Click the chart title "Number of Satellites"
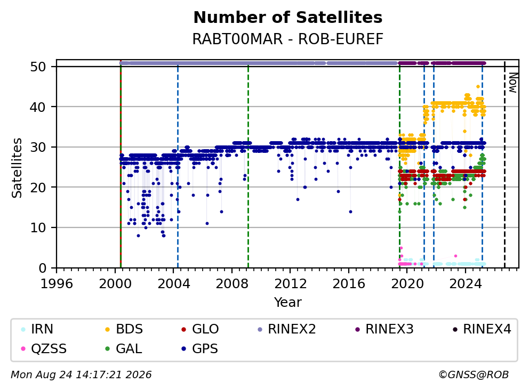click(288, 18)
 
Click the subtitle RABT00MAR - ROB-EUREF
click(288, 39)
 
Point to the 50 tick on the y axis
click(38, 67)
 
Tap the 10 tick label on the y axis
click(38, 228)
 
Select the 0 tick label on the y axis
click(42, 268)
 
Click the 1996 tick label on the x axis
click(57, 284)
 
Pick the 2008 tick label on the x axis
click(232, 284)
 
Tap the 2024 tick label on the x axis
click(465, 284)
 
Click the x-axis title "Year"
click(288, 303)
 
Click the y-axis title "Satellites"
click(17, 167)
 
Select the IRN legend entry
click(37, 329)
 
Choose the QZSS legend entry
click(44, 348)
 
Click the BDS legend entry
click(124, 329)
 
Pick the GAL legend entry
click(124, 348)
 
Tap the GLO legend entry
click(200, 329)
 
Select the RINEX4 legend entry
click(482, 329)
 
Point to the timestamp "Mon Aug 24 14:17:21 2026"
click(81, 374)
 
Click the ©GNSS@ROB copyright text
click(474, 374)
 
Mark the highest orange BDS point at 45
click(478, 87)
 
